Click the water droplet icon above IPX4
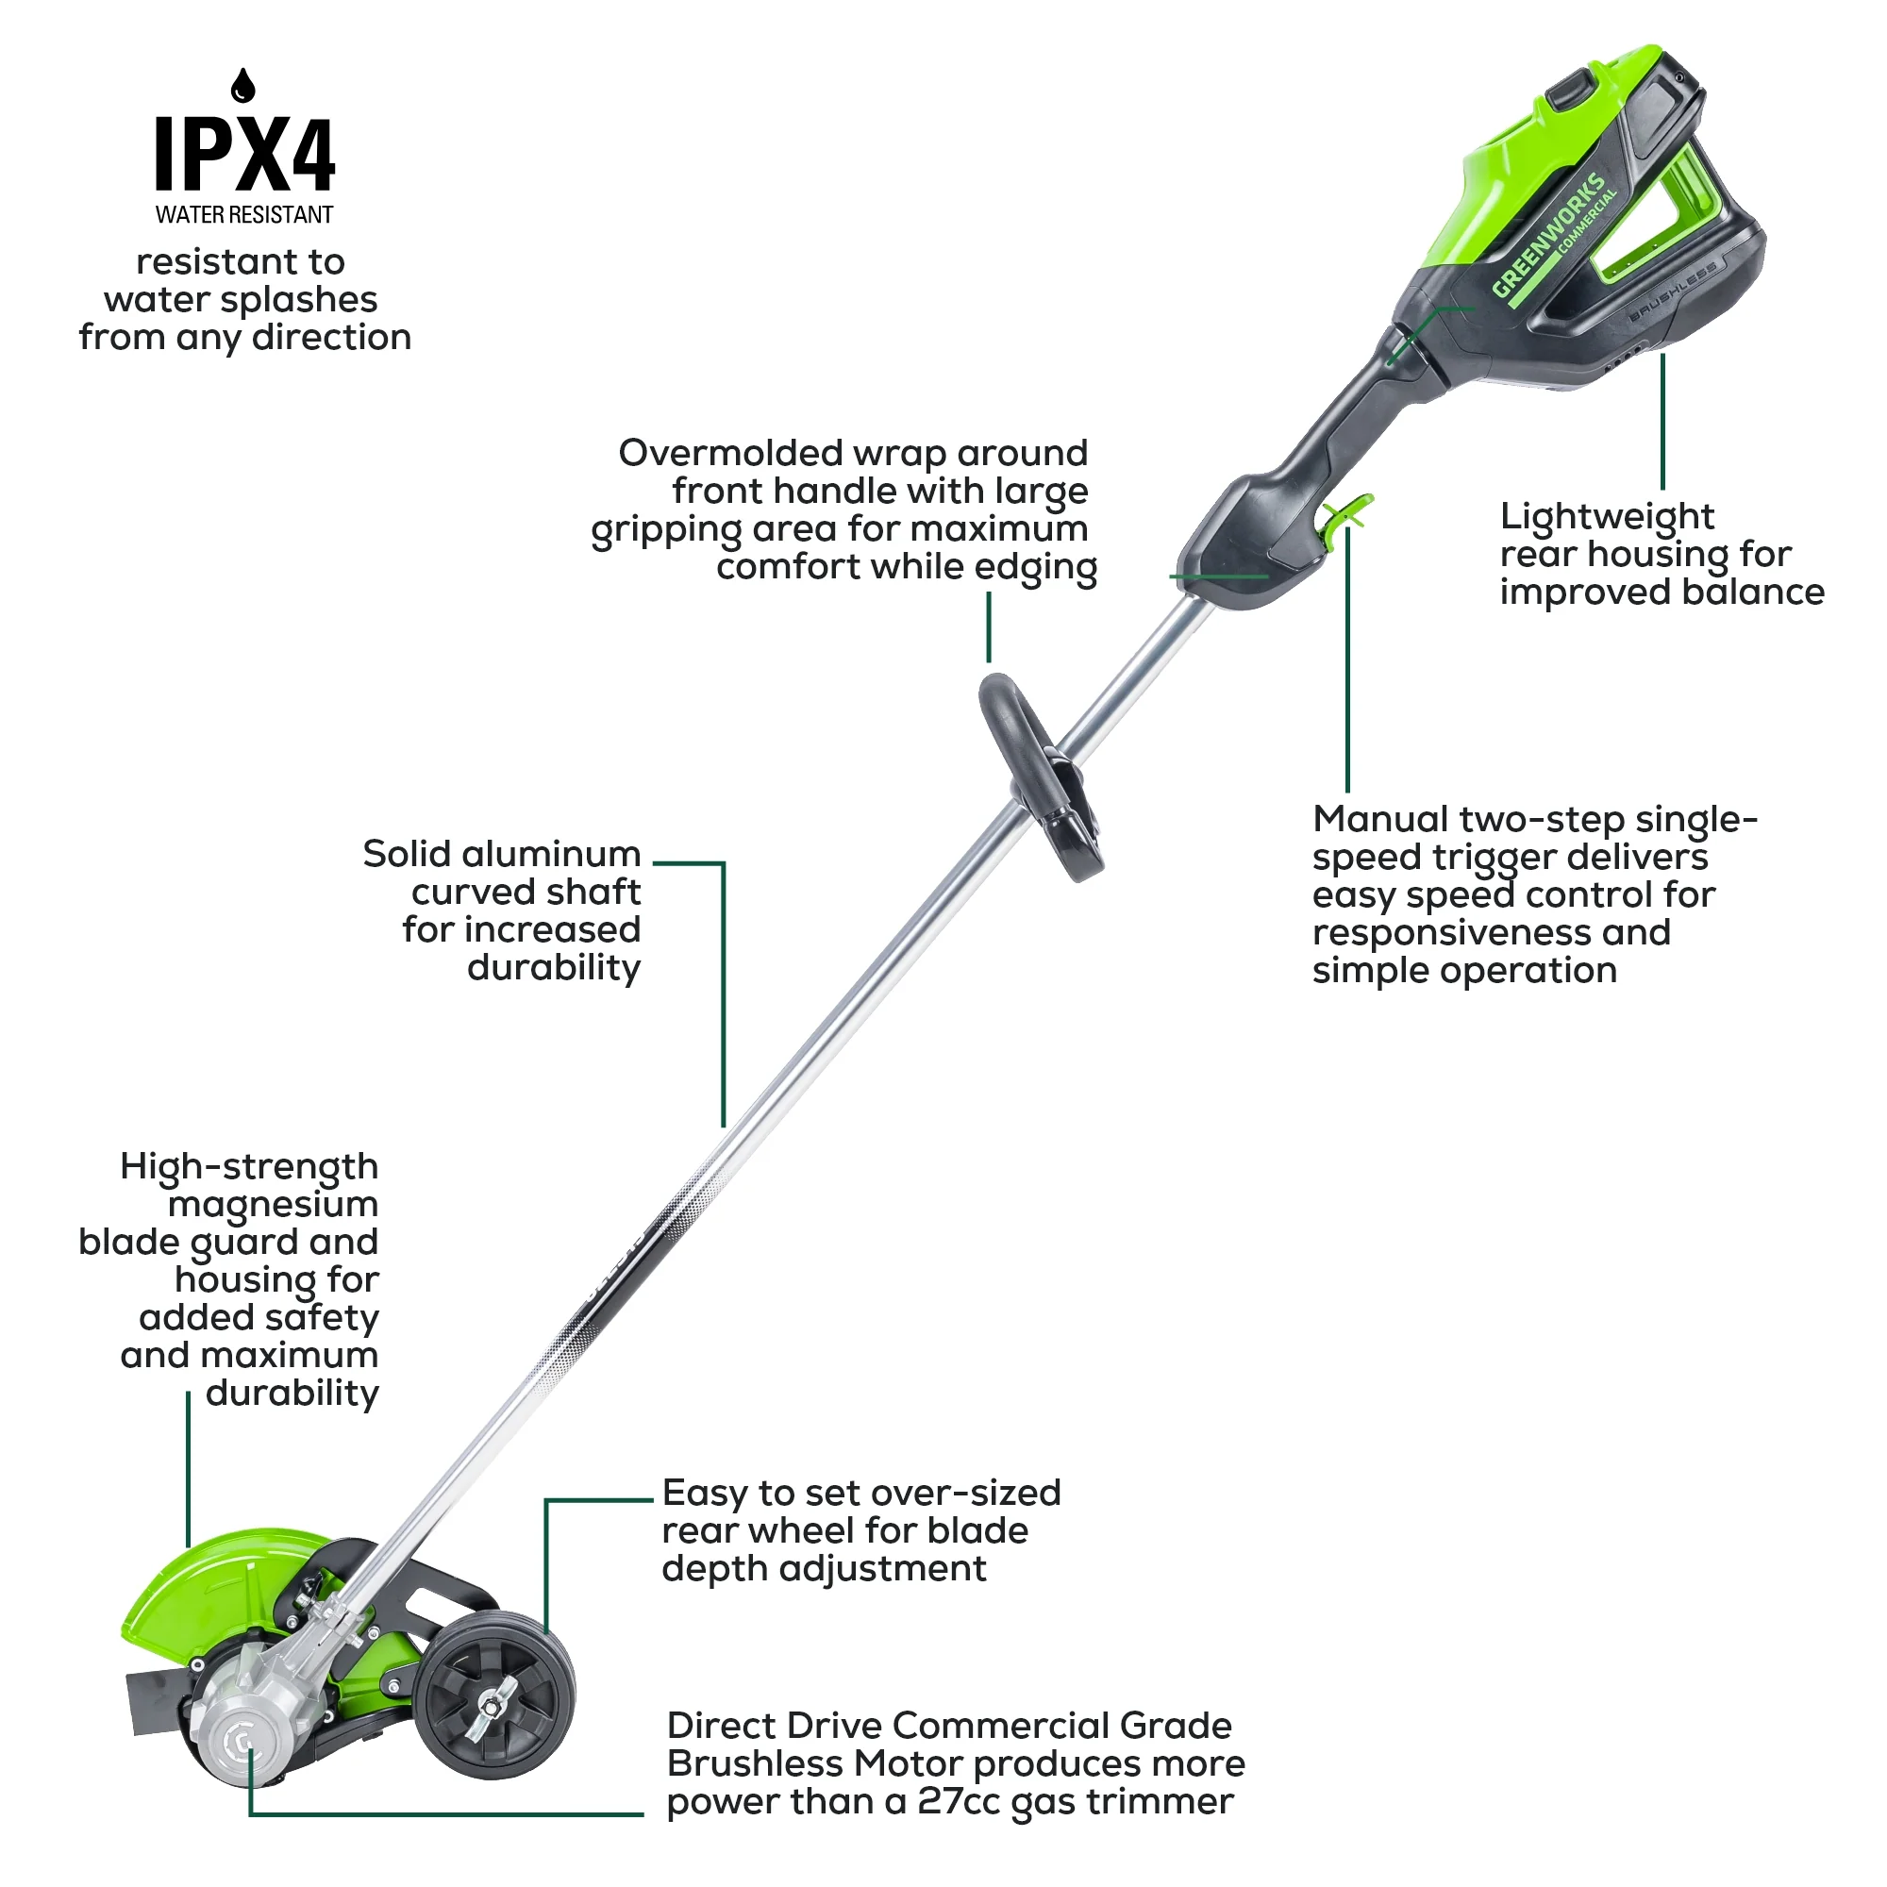point(243,86)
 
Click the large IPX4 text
point(245,155)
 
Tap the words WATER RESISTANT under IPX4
point(244,215)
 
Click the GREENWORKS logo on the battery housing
point(1549,234)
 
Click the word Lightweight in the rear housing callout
point(1607,517)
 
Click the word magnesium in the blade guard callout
point(273,1204)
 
